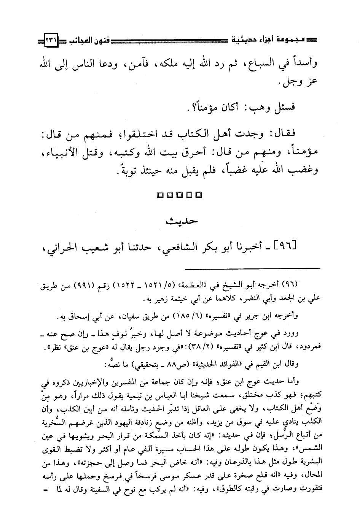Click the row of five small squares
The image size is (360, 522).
179,195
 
